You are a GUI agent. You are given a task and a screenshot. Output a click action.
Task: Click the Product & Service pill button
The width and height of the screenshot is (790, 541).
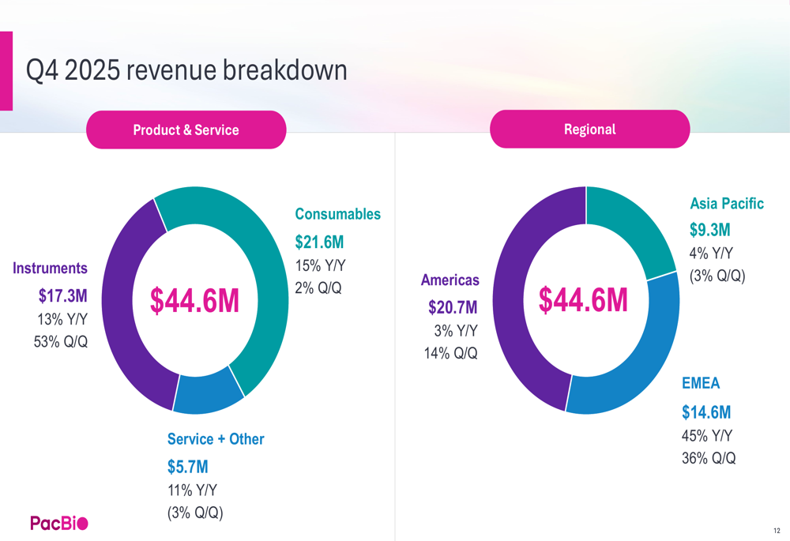pos(186,130)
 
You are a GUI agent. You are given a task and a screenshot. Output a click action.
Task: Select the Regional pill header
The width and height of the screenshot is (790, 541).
pos(590,130)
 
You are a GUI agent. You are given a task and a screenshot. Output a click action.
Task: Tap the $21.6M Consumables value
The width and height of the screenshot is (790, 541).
pos(319,242)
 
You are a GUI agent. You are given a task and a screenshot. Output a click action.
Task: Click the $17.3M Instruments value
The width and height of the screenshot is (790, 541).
pos(63,295)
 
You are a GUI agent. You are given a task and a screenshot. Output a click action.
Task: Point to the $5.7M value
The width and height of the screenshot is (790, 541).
pos(188,467)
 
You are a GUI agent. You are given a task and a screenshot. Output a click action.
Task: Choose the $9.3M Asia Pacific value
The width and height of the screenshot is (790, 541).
pos(710,230)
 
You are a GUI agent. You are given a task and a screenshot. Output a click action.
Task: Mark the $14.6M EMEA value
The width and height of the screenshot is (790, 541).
pos(706,412)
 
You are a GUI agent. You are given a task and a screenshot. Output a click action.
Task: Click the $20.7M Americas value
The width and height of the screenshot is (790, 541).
pos(453,307)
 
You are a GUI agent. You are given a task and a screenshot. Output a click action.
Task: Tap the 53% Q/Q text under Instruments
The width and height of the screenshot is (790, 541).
pos(61,342)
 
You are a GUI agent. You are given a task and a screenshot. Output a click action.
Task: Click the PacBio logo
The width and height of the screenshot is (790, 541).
pos(59,524)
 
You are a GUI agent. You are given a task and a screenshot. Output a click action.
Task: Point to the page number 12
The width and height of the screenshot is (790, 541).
pos(777,531)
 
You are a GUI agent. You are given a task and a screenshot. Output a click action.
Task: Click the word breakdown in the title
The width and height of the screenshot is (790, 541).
pos(285,70)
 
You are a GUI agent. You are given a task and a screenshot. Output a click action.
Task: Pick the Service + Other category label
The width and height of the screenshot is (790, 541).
pos(216,439)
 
